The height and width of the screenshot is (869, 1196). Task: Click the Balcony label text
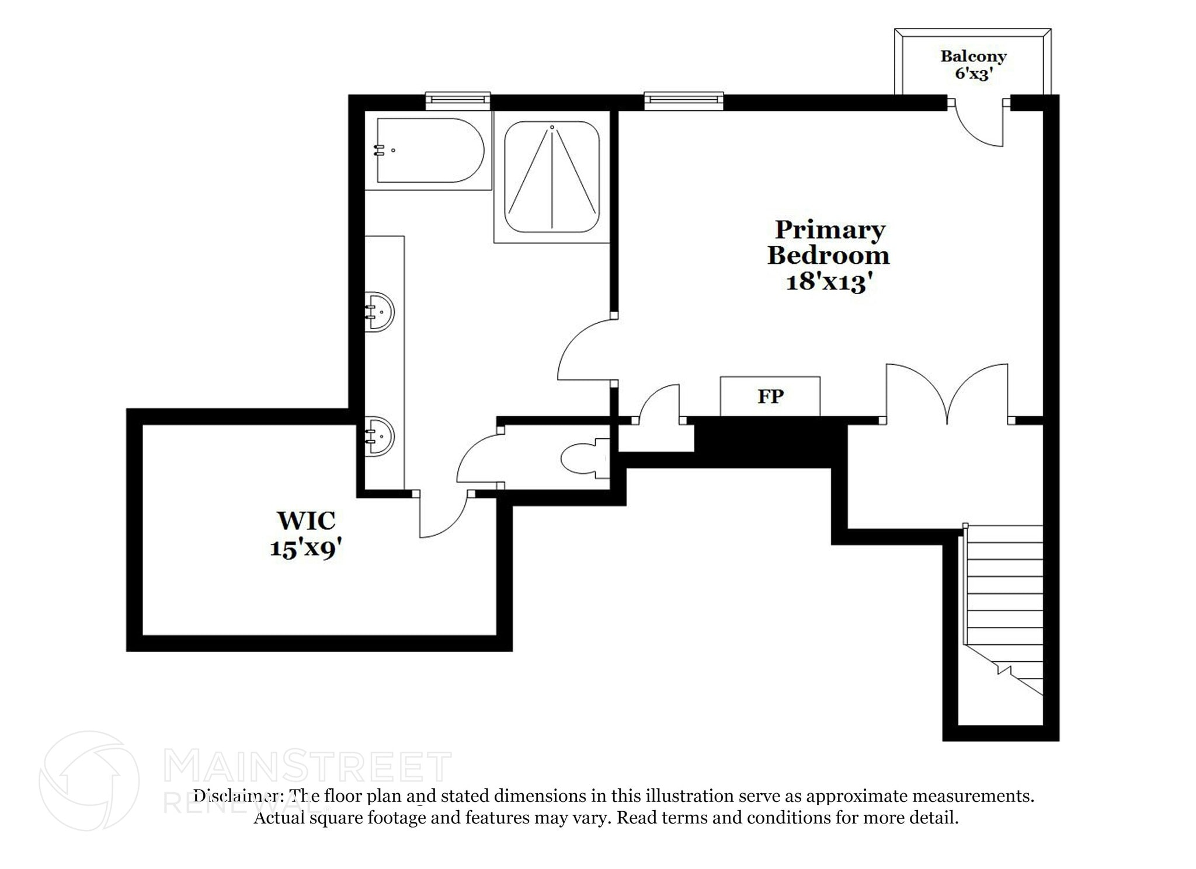tap(973, 57)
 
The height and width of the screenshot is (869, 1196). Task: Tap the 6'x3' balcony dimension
tap(974, 74)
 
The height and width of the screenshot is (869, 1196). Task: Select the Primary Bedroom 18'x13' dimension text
tap(829, 282)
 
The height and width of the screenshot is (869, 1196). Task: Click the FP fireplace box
tap(770, 396)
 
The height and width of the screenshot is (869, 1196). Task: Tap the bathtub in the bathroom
tap(430, 151)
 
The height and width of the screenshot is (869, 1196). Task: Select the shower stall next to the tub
tap(552, 176)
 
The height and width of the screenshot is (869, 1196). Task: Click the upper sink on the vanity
tap(379, 312)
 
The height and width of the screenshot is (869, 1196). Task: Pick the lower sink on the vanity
tap(379, 436)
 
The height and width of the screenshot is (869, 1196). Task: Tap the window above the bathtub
tap(457, 100)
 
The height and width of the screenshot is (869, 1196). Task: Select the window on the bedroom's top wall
tap(684, 100)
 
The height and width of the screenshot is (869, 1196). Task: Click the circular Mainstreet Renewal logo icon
tap(89, 780)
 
